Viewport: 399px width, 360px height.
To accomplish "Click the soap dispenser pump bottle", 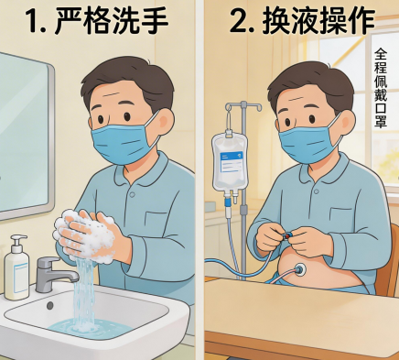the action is click(x=16, y=267).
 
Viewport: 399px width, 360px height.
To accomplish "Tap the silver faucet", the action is click(x=55, y=274).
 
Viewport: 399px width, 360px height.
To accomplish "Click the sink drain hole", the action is click(x=50, y=305).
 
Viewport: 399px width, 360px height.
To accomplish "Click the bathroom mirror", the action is click(x=25, y=136).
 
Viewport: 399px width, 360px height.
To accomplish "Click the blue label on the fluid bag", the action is click(x=232, y=163).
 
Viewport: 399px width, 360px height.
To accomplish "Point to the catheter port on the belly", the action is click(x=300, y=269).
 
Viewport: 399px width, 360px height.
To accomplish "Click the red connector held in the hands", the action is click(x=286, y=235).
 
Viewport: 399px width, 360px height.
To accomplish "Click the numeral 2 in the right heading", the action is click(x=239, y=21).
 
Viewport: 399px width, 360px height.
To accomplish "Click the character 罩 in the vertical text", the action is click(x=381, y=121).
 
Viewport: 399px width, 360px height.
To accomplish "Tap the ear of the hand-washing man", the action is click(x=166, y=122).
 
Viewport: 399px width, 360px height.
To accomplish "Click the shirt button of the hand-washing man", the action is click(x=132, y=194).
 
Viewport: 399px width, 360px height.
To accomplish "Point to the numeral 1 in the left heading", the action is click(x=34, y=21).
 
